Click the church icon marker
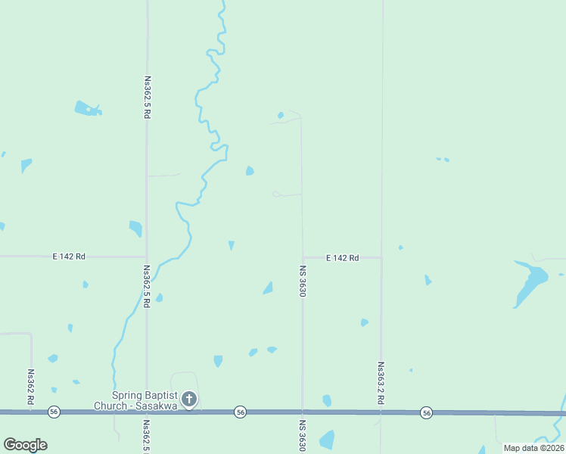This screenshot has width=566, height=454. pyautogui.click(x=189, y=399)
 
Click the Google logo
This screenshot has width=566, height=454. pyautogui.click(x=25, y=445)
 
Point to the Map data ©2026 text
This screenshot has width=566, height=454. pyautogui.click(x=533, y=448)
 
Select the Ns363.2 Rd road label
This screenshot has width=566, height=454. pyautogui.click(x=380, y=383)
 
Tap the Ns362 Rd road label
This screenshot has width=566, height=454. pyautogui.click(x=31, y=387)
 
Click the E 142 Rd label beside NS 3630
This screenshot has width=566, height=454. pyautogui.click(x=342, y=258)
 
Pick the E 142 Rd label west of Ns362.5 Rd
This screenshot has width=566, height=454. pyautogui.click(x=69, y=257)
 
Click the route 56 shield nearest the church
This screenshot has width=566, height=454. pyautogui.click(x=240, y=412)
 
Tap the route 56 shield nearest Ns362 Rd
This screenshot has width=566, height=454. pyautogui.click(x=53, y=412)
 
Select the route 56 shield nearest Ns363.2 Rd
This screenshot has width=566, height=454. pyautogui.click(x=427, y=412)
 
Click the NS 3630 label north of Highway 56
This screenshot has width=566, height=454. pyautogui.click(x=303, y=280)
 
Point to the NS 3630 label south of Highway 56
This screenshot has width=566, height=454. pyautogui.click(x=302, y=436)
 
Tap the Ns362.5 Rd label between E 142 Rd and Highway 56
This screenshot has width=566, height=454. pyautogui.click(x=146, y=286)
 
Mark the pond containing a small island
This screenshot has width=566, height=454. pyautogui.click(x=87, y=109)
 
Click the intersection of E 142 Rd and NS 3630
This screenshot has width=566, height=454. pyautogui.click(x=303, y=257)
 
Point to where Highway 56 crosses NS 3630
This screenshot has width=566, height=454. pyautogui.click(x=302, y=412)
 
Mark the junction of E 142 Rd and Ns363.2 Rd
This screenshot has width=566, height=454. pyautogui.click(x=381, y=257)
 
